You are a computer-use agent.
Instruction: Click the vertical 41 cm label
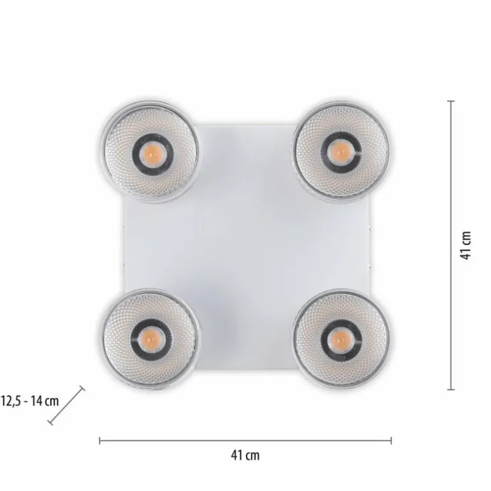point(466,246)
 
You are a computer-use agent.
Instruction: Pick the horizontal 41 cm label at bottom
point(245,455)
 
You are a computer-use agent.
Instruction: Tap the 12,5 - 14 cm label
point(30,401)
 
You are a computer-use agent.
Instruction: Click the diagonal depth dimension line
point(66,405)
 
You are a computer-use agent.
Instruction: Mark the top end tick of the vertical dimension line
point(451,101)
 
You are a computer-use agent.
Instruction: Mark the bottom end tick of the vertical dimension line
point(451,389)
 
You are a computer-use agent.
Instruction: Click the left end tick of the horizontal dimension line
point(100,440)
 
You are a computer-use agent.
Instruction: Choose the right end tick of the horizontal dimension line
point(391,440)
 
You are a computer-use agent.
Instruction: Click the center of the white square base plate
point(246,246)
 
